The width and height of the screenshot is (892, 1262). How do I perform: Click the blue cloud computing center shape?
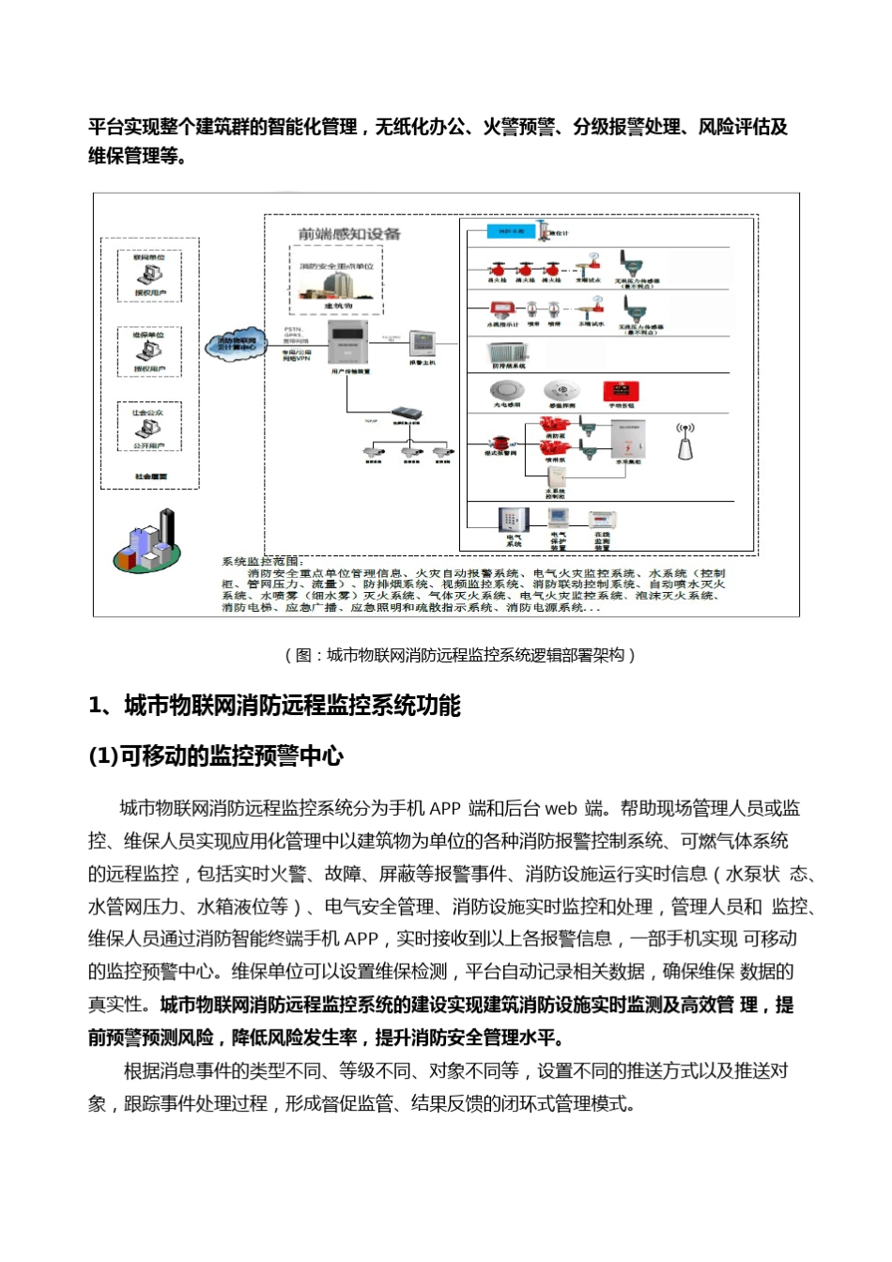pyautogui.click(x=237, y=345)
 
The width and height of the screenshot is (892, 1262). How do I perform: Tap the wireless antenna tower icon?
pyautogui.click(x=685, y=441)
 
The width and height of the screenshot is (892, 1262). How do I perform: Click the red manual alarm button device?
pyautogui.click(x=621, y=390)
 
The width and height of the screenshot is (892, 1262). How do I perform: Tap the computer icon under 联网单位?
pyautogui.click(x=149, y=274)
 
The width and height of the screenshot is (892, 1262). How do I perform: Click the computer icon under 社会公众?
pyautogui.click(x=149, y=429)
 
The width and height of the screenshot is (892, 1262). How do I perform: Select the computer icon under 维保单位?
pyautogui.click(x=149, y=351)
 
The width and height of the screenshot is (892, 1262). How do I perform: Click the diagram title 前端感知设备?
pyautogui.click(x=349, y=234)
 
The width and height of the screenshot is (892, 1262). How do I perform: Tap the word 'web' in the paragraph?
pyautogui.click(x=561, y=809)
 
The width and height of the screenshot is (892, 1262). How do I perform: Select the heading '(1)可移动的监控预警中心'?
pyautogui.click(x=216, y=757)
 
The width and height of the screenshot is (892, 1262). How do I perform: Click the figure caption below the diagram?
pyautogui.click(x=460, y=656)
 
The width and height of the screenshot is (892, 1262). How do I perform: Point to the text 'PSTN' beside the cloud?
pyautogui.click(x=292, y=329)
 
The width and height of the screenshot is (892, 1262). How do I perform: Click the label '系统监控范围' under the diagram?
pyautogui.click(x=259, y=561)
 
